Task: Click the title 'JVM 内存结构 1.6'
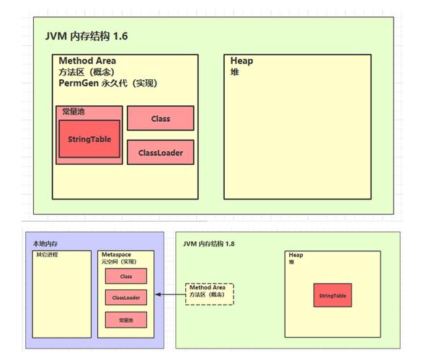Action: (x=86, y=35)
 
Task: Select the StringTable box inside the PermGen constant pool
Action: (x=89, y=139)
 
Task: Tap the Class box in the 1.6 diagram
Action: (x=160, y=118)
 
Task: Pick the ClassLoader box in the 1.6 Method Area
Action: (x=160, y=152)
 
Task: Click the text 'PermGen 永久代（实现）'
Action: (x=108, y=84)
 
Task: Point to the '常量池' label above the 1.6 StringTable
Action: (x=75, y=112)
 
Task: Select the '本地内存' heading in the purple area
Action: (x=44, y=244)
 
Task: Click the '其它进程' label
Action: (x=47, y=256)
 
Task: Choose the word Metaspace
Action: (x=117, y=256)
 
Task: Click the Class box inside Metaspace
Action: (x=126, y=276)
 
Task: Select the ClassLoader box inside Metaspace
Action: (x=126, y=297)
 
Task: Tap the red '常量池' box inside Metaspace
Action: (x=126, y=318)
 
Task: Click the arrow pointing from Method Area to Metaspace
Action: (x=170, y=294)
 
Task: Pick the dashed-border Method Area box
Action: (x=210, y=293)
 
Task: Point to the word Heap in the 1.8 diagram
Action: (x=296, y=256)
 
